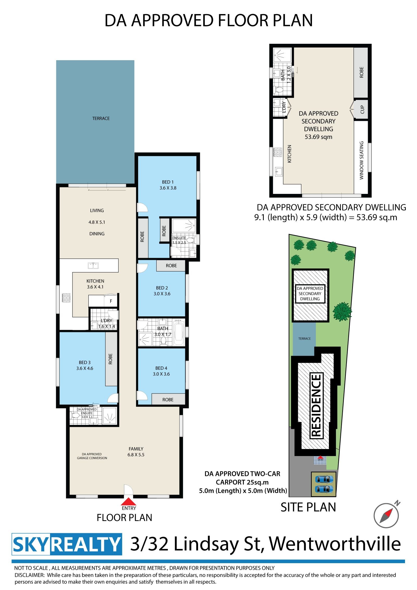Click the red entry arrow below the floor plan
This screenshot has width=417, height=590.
click(x=128, y=502)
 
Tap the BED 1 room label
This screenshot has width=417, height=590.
click(x=168, y=182)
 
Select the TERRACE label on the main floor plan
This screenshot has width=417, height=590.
click(x=101, y=119)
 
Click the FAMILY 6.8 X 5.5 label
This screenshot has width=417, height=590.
click(x=136, y=452)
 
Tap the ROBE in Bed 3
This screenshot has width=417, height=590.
click(x=111, y=359)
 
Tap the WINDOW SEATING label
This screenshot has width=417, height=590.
click(x=361, y=160)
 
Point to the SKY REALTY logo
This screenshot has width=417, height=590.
click(x=67, y=544)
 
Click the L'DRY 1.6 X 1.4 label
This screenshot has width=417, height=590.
click(x=107, y=323)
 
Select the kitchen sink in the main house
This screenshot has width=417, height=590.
click(x=93, y=266)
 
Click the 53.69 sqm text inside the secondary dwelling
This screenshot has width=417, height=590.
click(x=318, y=137)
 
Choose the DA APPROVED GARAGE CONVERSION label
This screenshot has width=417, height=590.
click(x=92, y=456)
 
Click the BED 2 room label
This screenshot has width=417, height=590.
click(x=162, y=288)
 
